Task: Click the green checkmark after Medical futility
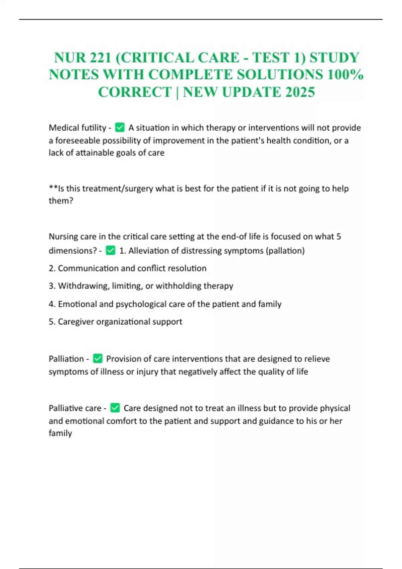coord(120,128)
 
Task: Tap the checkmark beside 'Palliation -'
coord(97,358)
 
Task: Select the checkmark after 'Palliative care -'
coord(115,408)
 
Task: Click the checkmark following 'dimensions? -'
coord(111,250)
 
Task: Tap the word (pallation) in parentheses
coord(285,251)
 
